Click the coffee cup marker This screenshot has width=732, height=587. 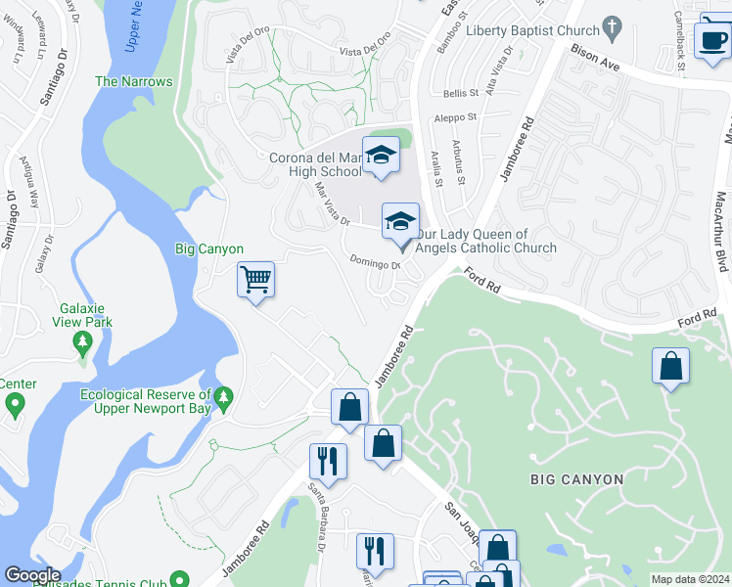click(711, 40)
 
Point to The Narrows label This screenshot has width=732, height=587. click(133, 82)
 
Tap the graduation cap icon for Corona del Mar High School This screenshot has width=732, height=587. click(380, 156)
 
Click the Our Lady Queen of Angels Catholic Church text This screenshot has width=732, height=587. click(485, 241)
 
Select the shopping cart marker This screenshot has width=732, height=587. click(255, 280)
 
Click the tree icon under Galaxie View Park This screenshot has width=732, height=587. click(83, 343)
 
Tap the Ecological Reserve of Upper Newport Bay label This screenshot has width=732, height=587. click(147, 401)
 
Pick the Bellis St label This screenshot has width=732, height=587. click(460, 94)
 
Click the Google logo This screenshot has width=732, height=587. click(32, 575)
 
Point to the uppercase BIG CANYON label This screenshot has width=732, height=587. click(576, 479)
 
